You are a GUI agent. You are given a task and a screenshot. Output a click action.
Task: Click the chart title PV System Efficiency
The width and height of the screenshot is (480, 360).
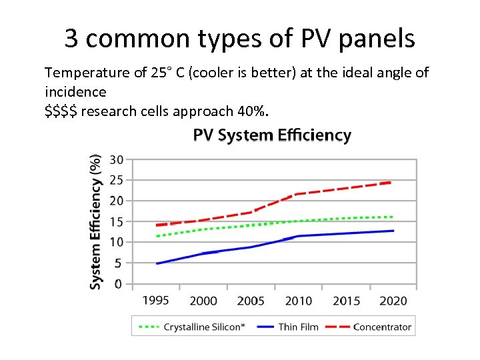(272, 135)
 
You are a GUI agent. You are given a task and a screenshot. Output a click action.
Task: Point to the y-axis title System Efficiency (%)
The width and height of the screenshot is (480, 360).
(96, 221)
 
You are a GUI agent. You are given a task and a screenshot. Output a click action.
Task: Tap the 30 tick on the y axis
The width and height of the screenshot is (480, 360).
(116, 159)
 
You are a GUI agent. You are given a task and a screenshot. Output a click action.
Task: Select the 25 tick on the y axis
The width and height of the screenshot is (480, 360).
(116, 180)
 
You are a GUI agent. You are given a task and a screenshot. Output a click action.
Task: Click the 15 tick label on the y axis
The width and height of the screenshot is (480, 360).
(116, 221)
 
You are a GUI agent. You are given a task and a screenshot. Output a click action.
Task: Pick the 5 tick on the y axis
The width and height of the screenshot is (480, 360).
(118, 263)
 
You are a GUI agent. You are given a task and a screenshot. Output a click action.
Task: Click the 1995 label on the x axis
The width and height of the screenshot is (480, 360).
(155, 300)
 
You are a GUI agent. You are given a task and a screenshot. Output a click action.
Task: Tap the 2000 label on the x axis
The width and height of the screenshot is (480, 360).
(203, 300)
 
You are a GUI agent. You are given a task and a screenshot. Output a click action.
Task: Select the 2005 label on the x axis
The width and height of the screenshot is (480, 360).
(251, 300)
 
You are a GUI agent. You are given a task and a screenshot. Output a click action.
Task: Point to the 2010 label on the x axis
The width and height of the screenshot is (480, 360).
(298, 300)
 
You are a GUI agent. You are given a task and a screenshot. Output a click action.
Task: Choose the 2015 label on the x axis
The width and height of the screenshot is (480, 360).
(346, 300)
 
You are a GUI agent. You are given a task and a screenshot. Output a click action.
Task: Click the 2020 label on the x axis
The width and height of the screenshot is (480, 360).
(393, 300)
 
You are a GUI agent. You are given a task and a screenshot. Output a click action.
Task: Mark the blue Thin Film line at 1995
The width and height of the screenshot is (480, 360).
(157, 263)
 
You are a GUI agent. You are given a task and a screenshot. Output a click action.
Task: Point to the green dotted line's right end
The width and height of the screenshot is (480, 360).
(392, 217)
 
